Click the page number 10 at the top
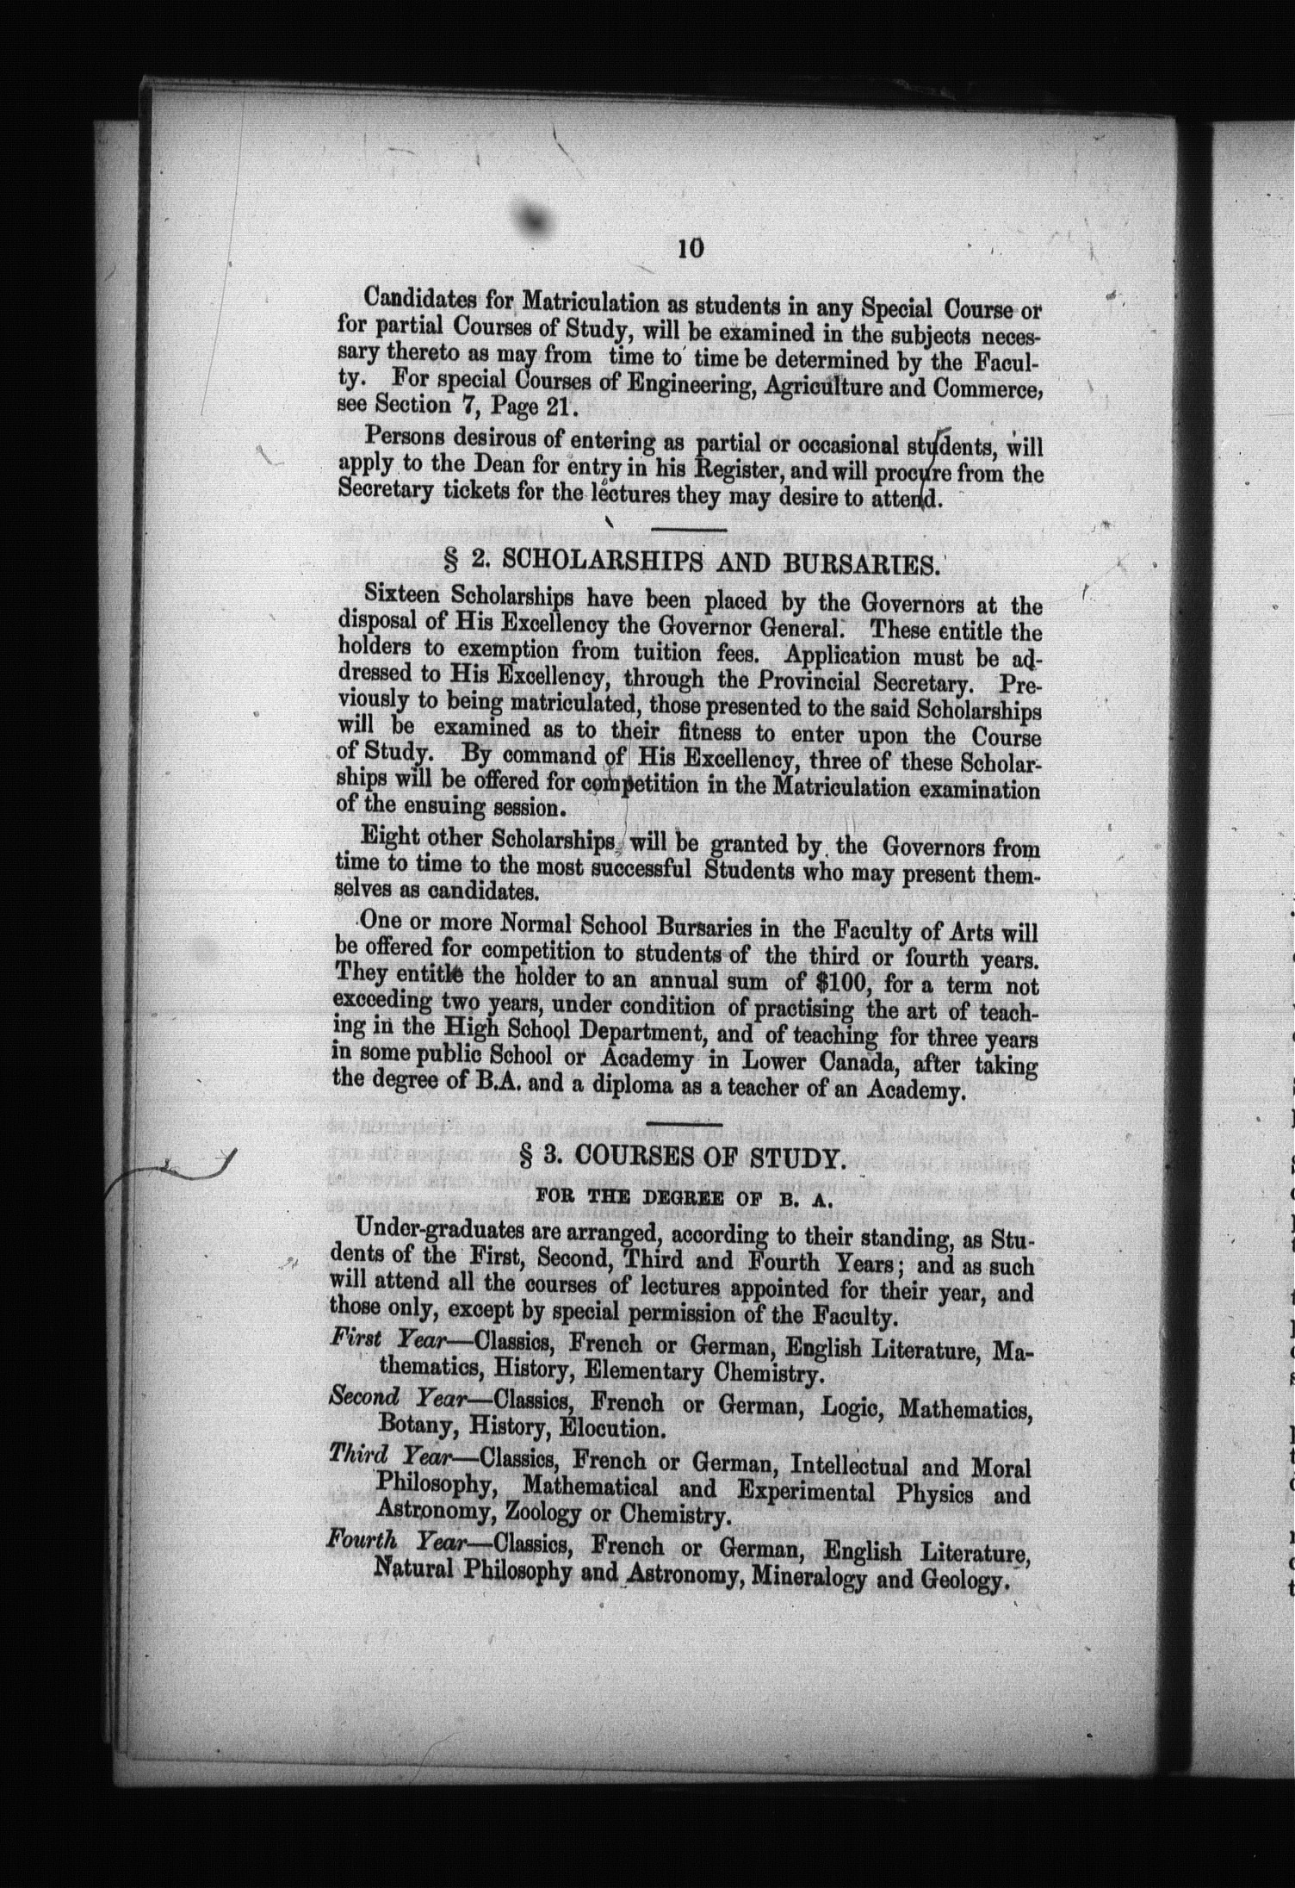click(691, 248)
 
